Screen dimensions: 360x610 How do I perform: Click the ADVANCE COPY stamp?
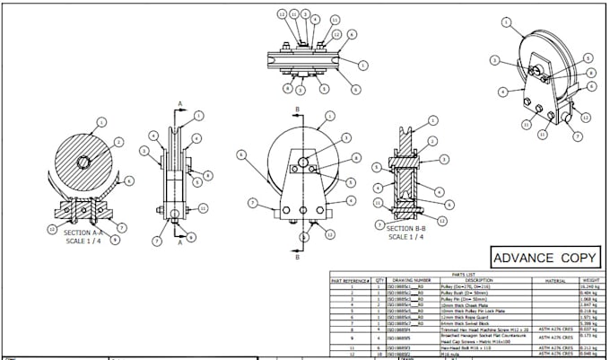point(545,258)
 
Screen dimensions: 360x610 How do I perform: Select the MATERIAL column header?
point(547,280)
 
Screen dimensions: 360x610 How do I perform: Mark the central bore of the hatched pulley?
point(83,162)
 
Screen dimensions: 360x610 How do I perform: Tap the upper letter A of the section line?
point(179,104)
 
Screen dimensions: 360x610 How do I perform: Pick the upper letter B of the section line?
point(296,109)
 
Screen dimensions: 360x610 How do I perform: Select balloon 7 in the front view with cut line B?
point(254,202)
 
